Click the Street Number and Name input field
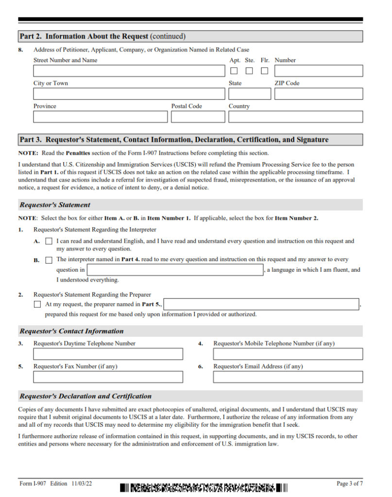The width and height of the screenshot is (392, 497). pos(128,71)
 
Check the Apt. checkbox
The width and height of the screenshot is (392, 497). pos(234,71)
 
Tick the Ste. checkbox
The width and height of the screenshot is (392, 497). pos(249,71)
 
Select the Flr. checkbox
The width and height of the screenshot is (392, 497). pos(264,71)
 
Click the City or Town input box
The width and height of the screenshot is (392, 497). pos(128,94)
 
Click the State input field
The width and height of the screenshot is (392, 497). pos(250,94)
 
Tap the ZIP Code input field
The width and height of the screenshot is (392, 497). pos(318,94)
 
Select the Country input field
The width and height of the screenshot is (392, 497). pos(295,117)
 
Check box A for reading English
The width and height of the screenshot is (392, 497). pos(49,241)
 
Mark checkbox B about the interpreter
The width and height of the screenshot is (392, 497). pos(49,260)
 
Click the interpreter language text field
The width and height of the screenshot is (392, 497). pos(175,270)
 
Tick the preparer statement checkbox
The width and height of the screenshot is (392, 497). pos(37,305)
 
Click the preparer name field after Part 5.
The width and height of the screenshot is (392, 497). pos(262,304)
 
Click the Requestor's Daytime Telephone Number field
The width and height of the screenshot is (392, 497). pos(108,354)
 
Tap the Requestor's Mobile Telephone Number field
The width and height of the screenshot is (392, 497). pos(288,354)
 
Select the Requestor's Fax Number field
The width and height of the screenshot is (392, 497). pos(108,377)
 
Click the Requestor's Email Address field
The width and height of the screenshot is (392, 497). pos(288,377)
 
